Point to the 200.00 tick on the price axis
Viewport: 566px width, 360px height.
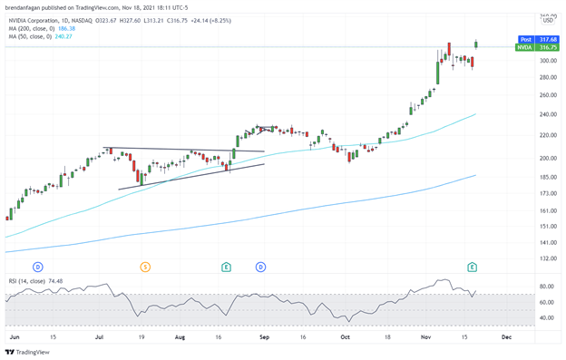(x=548, y=158)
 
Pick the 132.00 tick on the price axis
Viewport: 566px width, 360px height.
(x=548, y=258)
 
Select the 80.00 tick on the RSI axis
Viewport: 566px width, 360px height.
(x=547, y=286)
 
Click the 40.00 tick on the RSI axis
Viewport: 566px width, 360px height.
(x=547, y=317)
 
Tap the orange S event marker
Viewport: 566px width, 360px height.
(x=144, y=267)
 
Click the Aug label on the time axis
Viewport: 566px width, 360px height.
(x=180, y=336)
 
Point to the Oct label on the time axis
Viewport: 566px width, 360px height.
(x=345, y=336)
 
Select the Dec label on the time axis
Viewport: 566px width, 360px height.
(x=506, y=336)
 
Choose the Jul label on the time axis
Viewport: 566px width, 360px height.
(x=97, y=336)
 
